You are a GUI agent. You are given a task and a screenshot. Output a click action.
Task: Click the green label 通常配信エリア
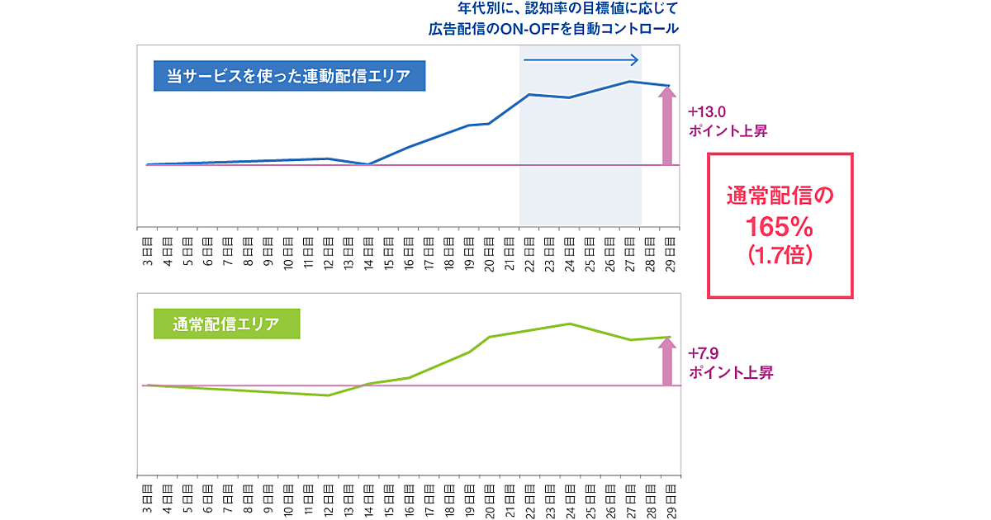225,324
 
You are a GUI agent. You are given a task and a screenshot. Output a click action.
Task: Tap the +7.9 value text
704,355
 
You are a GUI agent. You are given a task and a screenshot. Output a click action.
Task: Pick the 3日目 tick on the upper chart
147,248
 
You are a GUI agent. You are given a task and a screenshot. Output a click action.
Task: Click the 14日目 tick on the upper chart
367,248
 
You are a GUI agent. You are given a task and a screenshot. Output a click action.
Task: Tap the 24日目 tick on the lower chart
570,495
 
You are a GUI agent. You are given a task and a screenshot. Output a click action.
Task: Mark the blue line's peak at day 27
629,81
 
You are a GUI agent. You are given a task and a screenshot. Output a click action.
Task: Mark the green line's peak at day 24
570,324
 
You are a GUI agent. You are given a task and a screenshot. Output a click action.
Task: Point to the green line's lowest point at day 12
329,395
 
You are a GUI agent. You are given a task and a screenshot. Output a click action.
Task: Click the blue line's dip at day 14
367,163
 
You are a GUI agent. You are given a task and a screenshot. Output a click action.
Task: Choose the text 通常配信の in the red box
780,196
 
